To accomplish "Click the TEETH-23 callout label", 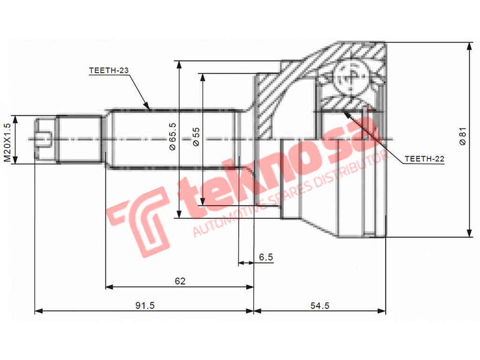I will point(109,71).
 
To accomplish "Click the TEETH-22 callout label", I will point(424,158).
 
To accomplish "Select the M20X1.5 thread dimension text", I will point(8,142).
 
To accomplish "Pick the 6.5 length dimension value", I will point(266,257).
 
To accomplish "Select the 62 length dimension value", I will point(180,281).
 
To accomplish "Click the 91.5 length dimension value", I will point(145,305).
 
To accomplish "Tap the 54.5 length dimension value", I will point(319,305).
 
